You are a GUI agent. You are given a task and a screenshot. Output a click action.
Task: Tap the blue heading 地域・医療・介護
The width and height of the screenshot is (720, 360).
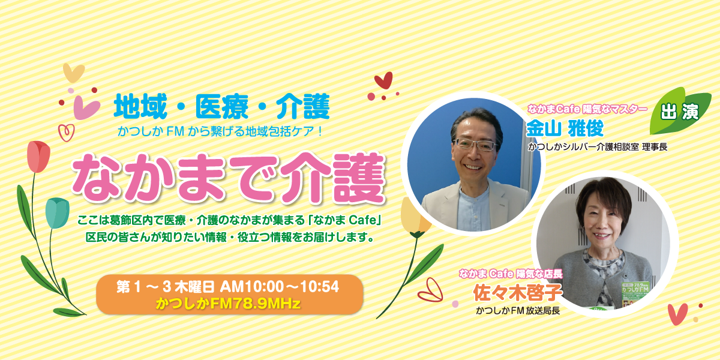coord(222,106)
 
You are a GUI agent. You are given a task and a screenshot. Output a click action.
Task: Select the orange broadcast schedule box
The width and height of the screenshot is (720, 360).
coord(229,295)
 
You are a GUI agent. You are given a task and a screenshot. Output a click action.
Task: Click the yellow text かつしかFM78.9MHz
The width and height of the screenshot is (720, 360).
coord(228,304)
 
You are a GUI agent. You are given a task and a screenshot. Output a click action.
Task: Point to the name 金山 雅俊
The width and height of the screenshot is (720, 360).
coord(565,128)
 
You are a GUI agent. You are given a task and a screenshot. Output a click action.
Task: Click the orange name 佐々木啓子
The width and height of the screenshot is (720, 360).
coord(517,293)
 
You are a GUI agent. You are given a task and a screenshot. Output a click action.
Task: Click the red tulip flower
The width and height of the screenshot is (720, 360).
coord(38,156)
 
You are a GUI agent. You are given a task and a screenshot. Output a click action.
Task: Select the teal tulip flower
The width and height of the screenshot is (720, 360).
coord(57,212)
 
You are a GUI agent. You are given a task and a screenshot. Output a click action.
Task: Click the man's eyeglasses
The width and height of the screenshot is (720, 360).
coord(475,145)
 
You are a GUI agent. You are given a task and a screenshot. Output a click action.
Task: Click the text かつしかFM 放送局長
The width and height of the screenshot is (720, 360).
coord(518,311)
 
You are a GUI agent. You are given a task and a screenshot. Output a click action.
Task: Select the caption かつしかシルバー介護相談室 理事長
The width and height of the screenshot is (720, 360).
coord(598,147)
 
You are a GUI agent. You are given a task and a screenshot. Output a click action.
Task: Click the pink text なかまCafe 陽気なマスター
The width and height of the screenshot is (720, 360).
coord(587,109)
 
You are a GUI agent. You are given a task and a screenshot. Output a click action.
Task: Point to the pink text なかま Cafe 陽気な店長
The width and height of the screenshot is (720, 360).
coord(511,274)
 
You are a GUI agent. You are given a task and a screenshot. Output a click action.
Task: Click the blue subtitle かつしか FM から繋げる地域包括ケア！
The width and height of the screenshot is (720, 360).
coord(220,131)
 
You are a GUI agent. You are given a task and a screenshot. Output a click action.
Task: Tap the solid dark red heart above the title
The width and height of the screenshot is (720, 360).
coord(383,80)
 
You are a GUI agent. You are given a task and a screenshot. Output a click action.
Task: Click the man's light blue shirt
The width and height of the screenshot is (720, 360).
coord(474,211)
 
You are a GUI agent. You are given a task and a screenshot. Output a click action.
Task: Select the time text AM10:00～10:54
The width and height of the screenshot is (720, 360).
coord(280,287)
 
